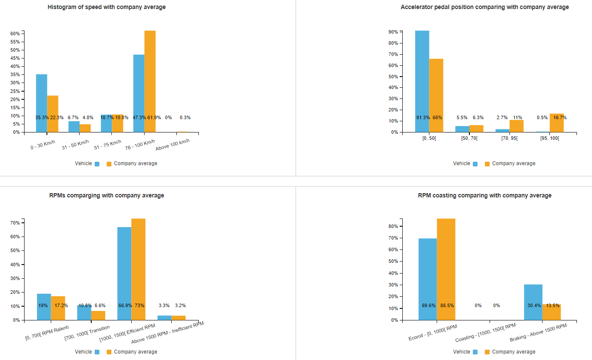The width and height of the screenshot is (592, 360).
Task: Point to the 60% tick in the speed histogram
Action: coord(15,34)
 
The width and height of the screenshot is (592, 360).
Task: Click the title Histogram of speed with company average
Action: coord(107,7)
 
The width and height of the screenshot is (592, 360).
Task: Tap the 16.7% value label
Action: coord(560,117)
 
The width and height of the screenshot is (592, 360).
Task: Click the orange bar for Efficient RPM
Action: coord(138,267)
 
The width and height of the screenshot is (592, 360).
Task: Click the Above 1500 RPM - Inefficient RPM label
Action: coord(168,333)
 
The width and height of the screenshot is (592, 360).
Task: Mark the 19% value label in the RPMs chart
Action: coord(43,305)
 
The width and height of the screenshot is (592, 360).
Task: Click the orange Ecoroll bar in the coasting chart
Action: coord(446,267)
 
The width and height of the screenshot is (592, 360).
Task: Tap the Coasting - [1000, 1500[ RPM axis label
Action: coord(485,333)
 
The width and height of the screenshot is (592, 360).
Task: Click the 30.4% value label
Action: coord(534,305)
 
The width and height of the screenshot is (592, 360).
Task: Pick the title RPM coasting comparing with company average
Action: coord(484,195)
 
